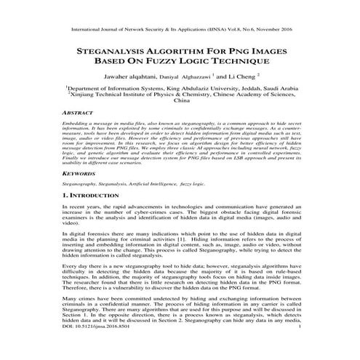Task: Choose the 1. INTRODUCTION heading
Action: tap(95, 197)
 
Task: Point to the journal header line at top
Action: tap(180, 32)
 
